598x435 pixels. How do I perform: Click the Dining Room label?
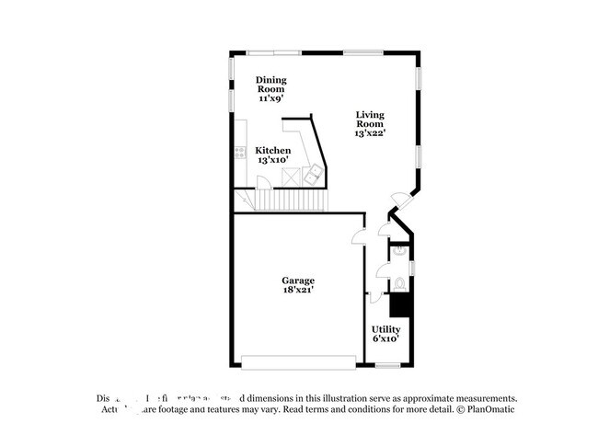(x=270, y=85)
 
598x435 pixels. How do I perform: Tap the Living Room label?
(x=370, y=119)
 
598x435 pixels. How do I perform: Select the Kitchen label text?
(x=273, y=151)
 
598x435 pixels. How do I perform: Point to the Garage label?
(x=298, y=280)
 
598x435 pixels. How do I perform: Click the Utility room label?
(x=385, y=328)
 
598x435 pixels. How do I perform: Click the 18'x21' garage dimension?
(x=298, y=291)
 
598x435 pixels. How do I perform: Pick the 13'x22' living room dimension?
(x=370, y=133)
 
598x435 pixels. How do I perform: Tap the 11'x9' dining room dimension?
(x=270, y=96)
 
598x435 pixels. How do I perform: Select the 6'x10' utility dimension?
(x=385, y=338)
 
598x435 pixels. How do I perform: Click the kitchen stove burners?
(x=241, y=153)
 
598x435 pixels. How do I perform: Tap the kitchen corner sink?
(x=313, y=173)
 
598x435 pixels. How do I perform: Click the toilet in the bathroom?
(x=400, y=283)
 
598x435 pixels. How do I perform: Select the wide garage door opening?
(x=299, y=360)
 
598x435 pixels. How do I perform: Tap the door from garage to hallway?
(x=359, y=237)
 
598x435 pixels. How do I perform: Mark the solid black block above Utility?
(x=400, y=304)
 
